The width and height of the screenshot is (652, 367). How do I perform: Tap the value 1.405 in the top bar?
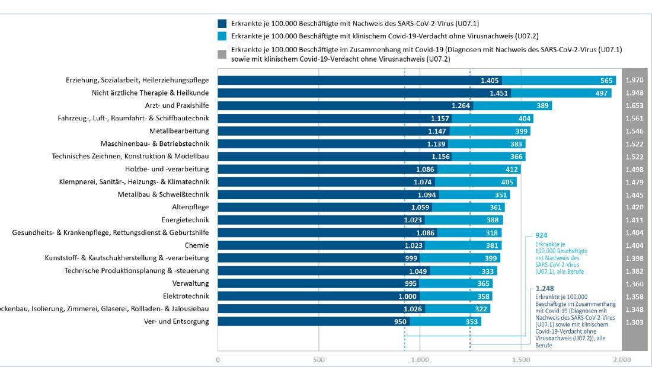coord(490,80)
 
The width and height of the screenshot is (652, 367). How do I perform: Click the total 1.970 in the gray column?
coord(634,80)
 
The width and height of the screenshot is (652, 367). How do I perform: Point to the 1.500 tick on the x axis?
coord(521,359)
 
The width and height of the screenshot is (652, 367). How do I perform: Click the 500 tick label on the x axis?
coord(319,359)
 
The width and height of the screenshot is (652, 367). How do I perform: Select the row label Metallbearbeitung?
coord(179,131)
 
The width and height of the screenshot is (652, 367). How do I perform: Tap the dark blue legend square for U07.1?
coord(222,24)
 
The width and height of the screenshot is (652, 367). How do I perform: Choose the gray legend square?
coord(222,54)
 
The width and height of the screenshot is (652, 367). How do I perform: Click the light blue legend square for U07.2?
coord(222,36)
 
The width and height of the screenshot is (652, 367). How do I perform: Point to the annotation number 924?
coord(541,235)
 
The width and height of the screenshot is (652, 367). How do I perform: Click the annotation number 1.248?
coord(545,289)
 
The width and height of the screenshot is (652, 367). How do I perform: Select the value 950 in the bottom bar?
coord(400,322)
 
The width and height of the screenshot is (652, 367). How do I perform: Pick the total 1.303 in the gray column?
coord(634,321)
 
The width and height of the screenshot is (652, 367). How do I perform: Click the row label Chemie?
coord(197,245)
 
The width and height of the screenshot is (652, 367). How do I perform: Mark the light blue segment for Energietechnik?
coord(464,220)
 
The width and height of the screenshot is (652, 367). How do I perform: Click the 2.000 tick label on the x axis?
coord(621,359)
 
